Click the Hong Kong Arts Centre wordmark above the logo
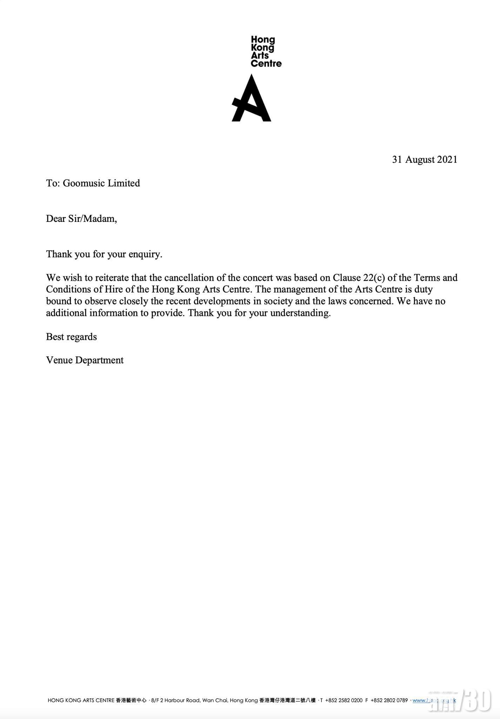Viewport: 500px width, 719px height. (x=266, y=52)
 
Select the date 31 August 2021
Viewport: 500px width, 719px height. (x=425, y=160)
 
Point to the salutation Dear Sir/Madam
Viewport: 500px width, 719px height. (x=81, y=219)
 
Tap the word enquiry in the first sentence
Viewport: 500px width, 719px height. (x=145, y=254)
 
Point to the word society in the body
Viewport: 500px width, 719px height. (x=278, y=301)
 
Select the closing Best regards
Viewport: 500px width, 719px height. (x=71, y=337)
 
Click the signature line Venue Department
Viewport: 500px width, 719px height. (x=85, y=360)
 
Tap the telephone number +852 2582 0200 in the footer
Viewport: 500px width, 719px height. (x=344, y=700)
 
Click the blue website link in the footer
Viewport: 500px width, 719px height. (x=434, y=700)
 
